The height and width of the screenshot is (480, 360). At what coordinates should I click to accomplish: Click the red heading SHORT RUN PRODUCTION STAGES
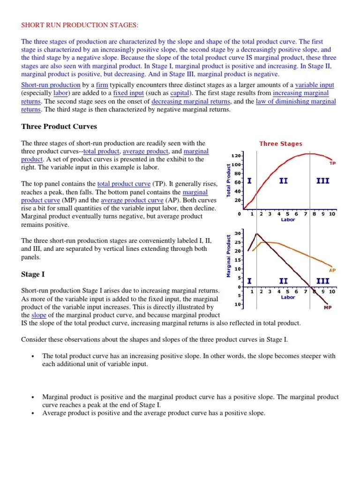[80, 24]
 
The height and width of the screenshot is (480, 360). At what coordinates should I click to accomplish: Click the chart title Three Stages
[281, 144]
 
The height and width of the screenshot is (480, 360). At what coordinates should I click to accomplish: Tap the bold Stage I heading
[34, 274]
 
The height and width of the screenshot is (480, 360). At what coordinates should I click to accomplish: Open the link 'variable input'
[315, 85]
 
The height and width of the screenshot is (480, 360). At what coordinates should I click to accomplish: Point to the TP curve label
[332, 163]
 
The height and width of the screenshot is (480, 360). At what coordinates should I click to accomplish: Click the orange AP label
[332, 270]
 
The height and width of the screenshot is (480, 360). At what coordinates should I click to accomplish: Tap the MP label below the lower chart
[328, 308]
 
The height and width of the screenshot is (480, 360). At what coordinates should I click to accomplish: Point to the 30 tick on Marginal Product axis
[237, 233]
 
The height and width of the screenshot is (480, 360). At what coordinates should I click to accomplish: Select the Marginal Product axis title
[229, 256]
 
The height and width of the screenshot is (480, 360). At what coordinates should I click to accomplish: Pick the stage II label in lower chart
[283, 281]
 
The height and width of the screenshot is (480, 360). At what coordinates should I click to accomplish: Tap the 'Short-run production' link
[51, 85]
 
